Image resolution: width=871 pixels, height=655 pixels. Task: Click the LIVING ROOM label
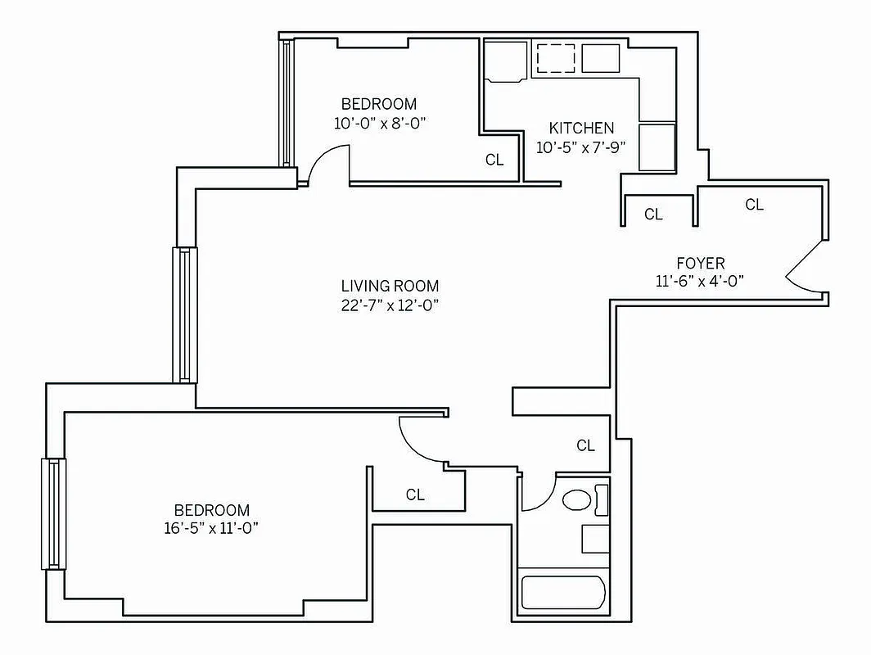tap(390, 286)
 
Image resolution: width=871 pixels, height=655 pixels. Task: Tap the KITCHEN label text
tap(581, 128)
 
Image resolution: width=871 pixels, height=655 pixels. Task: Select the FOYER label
tap(700, 263)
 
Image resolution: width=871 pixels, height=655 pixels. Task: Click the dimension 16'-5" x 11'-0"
tap(211, 528)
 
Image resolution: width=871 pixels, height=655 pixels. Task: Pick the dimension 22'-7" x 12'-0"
tap(390, 305)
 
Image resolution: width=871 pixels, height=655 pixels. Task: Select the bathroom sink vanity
tap(596, 539)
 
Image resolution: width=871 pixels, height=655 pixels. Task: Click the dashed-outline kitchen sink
tap(556, 58)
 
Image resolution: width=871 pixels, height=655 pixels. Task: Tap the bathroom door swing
tap(537, 491)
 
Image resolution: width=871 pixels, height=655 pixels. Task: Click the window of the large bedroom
tap(53, 513)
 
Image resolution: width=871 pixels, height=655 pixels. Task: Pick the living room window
tap(184, 314)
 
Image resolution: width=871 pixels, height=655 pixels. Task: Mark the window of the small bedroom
tap(287, 103)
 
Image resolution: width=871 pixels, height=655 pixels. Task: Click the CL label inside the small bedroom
tap(494, 160)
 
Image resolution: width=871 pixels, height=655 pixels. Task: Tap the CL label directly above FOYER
tap(754, 205)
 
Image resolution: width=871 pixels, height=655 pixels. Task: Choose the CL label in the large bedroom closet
tap(415, 495)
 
